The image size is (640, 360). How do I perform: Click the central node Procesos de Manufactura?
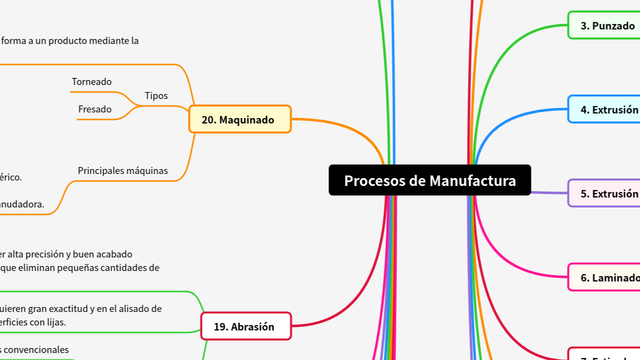point(429,180)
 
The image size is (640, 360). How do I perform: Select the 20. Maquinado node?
point(240,119)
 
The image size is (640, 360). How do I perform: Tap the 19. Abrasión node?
point(245,326)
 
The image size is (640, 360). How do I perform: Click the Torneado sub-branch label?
point(91,81)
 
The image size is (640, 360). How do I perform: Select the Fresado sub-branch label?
point(94,109)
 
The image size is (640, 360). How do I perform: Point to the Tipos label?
point(156,95)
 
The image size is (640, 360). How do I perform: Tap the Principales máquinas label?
point(122,170)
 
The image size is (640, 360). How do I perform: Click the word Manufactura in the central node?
point(472,180)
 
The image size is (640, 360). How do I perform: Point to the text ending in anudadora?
point(22,204)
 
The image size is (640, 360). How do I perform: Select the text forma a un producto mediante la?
point(69,41)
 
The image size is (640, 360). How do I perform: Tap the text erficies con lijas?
point(33,322)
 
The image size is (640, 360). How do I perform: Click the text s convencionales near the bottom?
point(34,349)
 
